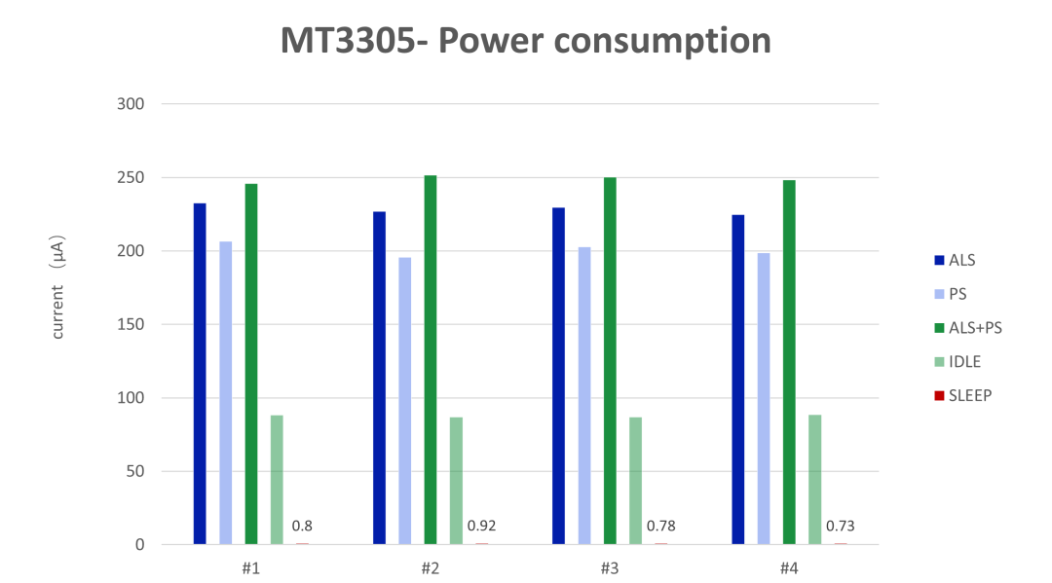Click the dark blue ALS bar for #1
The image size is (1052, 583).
(200, 374)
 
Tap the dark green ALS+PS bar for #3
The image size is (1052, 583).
(610, 361)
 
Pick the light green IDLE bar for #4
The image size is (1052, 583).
(814, 480)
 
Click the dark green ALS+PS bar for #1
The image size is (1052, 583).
(251, 364)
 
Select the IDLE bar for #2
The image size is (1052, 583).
(456, 481)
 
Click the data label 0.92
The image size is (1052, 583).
(481, 527)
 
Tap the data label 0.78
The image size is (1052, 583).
(660, 527)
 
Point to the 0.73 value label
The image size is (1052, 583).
(840, 527)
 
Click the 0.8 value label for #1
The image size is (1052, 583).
(302, 527)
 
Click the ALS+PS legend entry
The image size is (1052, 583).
(974, 328)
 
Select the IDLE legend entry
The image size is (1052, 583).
(964, 362)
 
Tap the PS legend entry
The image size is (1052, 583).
(957, 294)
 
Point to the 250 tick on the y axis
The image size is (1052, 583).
(131, 178)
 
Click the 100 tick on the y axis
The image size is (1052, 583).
(131, 398)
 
